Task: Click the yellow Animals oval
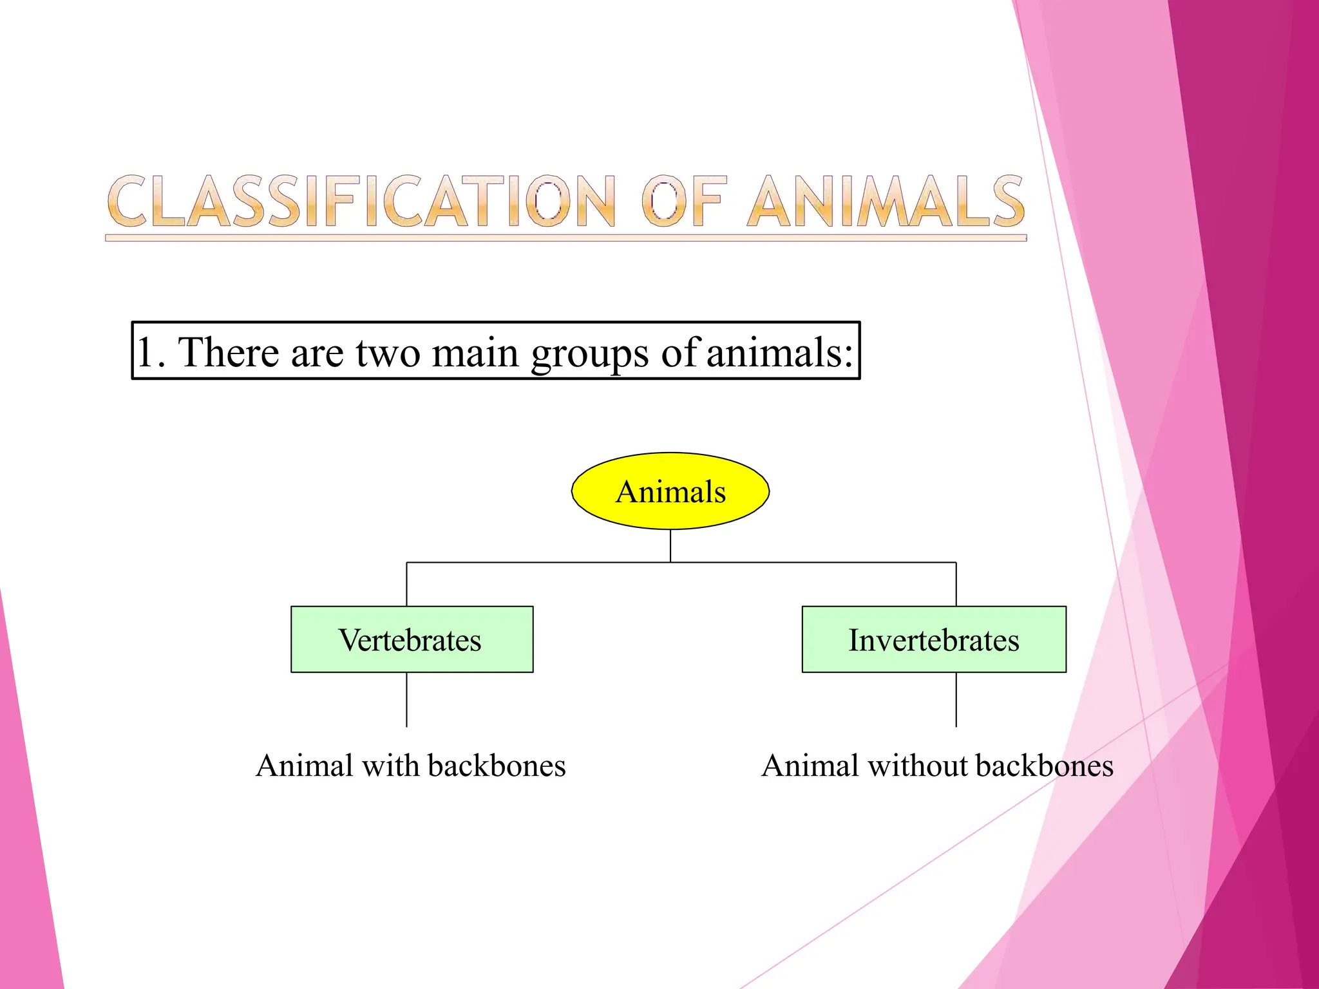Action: pos(670,491)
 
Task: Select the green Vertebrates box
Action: pos(412,639)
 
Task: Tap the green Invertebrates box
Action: pos(933,639)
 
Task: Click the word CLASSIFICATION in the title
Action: pos(361,202)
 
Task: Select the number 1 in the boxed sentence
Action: pos(146,352)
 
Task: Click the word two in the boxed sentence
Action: pos(388,352)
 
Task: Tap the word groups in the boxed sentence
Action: pos(589,353)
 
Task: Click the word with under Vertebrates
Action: pos(390,766)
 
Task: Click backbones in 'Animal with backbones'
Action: pos(497,766)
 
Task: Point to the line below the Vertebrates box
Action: pos(406,700)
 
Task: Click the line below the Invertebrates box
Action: pos(956,700)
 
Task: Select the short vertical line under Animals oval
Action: pos(670,545)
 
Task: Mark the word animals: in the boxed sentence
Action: pos(780,352)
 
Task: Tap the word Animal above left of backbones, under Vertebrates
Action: pos(304,766)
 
